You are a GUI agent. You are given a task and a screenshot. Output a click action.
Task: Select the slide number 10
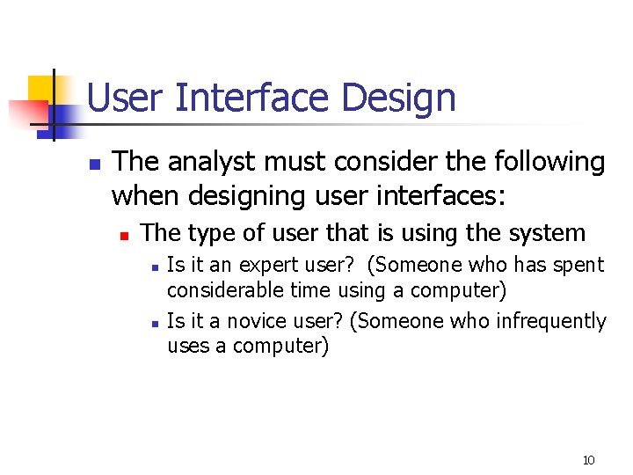(588, 460)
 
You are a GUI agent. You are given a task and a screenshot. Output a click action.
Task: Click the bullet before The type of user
(125, 235)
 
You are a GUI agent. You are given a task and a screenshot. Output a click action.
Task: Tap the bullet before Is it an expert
(153, 267)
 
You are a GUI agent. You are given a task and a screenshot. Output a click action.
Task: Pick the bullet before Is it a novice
(153, 324)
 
